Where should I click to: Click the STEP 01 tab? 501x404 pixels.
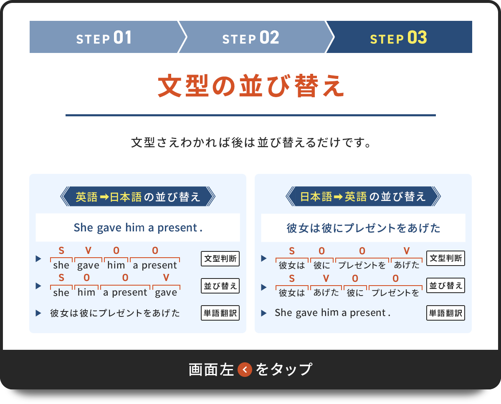(104, 38)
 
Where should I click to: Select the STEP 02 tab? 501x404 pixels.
(251, 38)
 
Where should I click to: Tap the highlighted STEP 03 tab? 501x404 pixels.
(399, 38)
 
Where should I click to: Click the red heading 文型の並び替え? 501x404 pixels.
(250, 87)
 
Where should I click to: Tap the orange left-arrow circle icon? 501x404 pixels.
(245, 369)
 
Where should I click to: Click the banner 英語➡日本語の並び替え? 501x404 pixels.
(138, 197)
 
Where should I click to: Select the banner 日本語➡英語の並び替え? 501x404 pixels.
(363, 197)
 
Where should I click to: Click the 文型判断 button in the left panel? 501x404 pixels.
(220, 259)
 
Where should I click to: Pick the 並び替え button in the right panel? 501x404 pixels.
(446, 286)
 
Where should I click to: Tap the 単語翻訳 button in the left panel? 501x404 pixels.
(220, 313)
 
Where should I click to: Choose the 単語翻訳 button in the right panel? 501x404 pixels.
(446, 313)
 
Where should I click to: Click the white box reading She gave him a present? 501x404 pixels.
(138, 228)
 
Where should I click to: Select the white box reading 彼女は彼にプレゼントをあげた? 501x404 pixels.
(363, 228)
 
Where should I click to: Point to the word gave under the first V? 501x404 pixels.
(88, 265)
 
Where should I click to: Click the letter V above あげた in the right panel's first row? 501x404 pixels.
(407, 251)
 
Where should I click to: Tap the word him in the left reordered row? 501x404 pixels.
(86, 292)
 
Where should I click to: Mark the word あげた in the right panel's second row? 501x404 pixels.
(326, 293)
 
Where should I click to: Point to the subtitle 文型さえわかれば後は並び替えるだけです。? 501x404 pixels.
(250, 143)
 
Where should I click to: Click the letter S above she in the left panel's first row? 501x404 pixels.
(61, 251)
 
